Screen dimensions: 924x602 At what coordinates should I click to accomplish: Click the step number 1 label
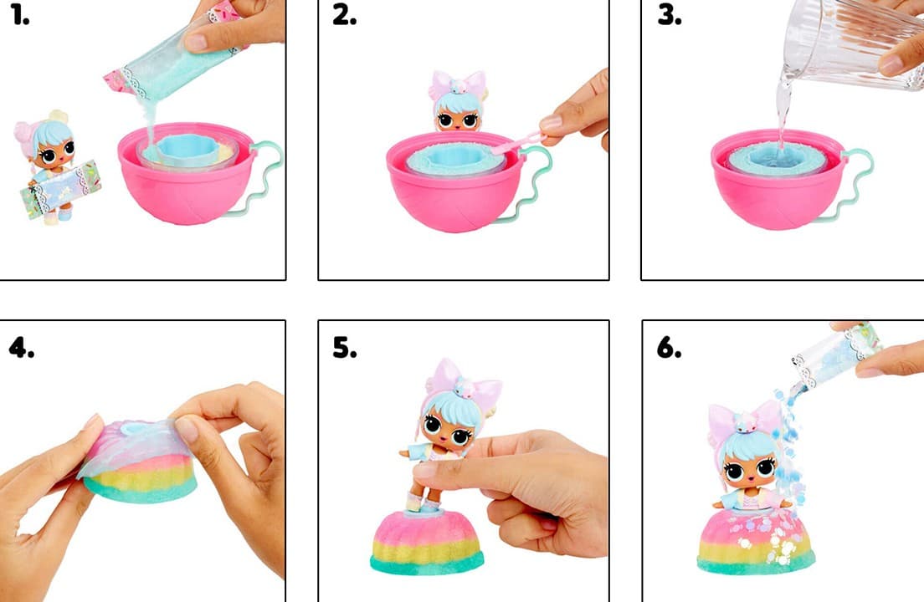(20, 15)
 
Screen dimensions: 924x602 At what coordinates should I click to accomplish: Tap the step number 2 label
(344, 15)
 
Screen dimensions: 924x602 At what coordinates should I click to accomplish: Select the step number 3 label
(670, 15)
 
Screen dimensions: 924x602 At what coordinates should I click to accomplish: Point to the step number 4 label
(22, 348)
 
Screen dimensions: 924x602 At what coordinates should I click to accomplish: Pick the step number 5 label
(345, 348)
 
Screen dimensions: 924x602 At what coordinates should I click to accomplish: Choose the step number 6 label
(670, 348)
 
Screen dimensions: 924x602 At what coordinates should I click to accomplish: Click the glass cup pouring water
(855, 44)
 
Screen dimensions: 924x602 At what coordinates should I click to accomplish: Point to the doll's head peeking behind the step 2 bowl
(458, 102)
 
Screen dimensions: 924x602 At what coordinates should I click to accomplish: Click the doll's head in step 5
(452, 412)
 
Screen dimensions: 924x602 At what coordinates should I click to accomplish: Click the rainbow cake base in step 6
(756, 543)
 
